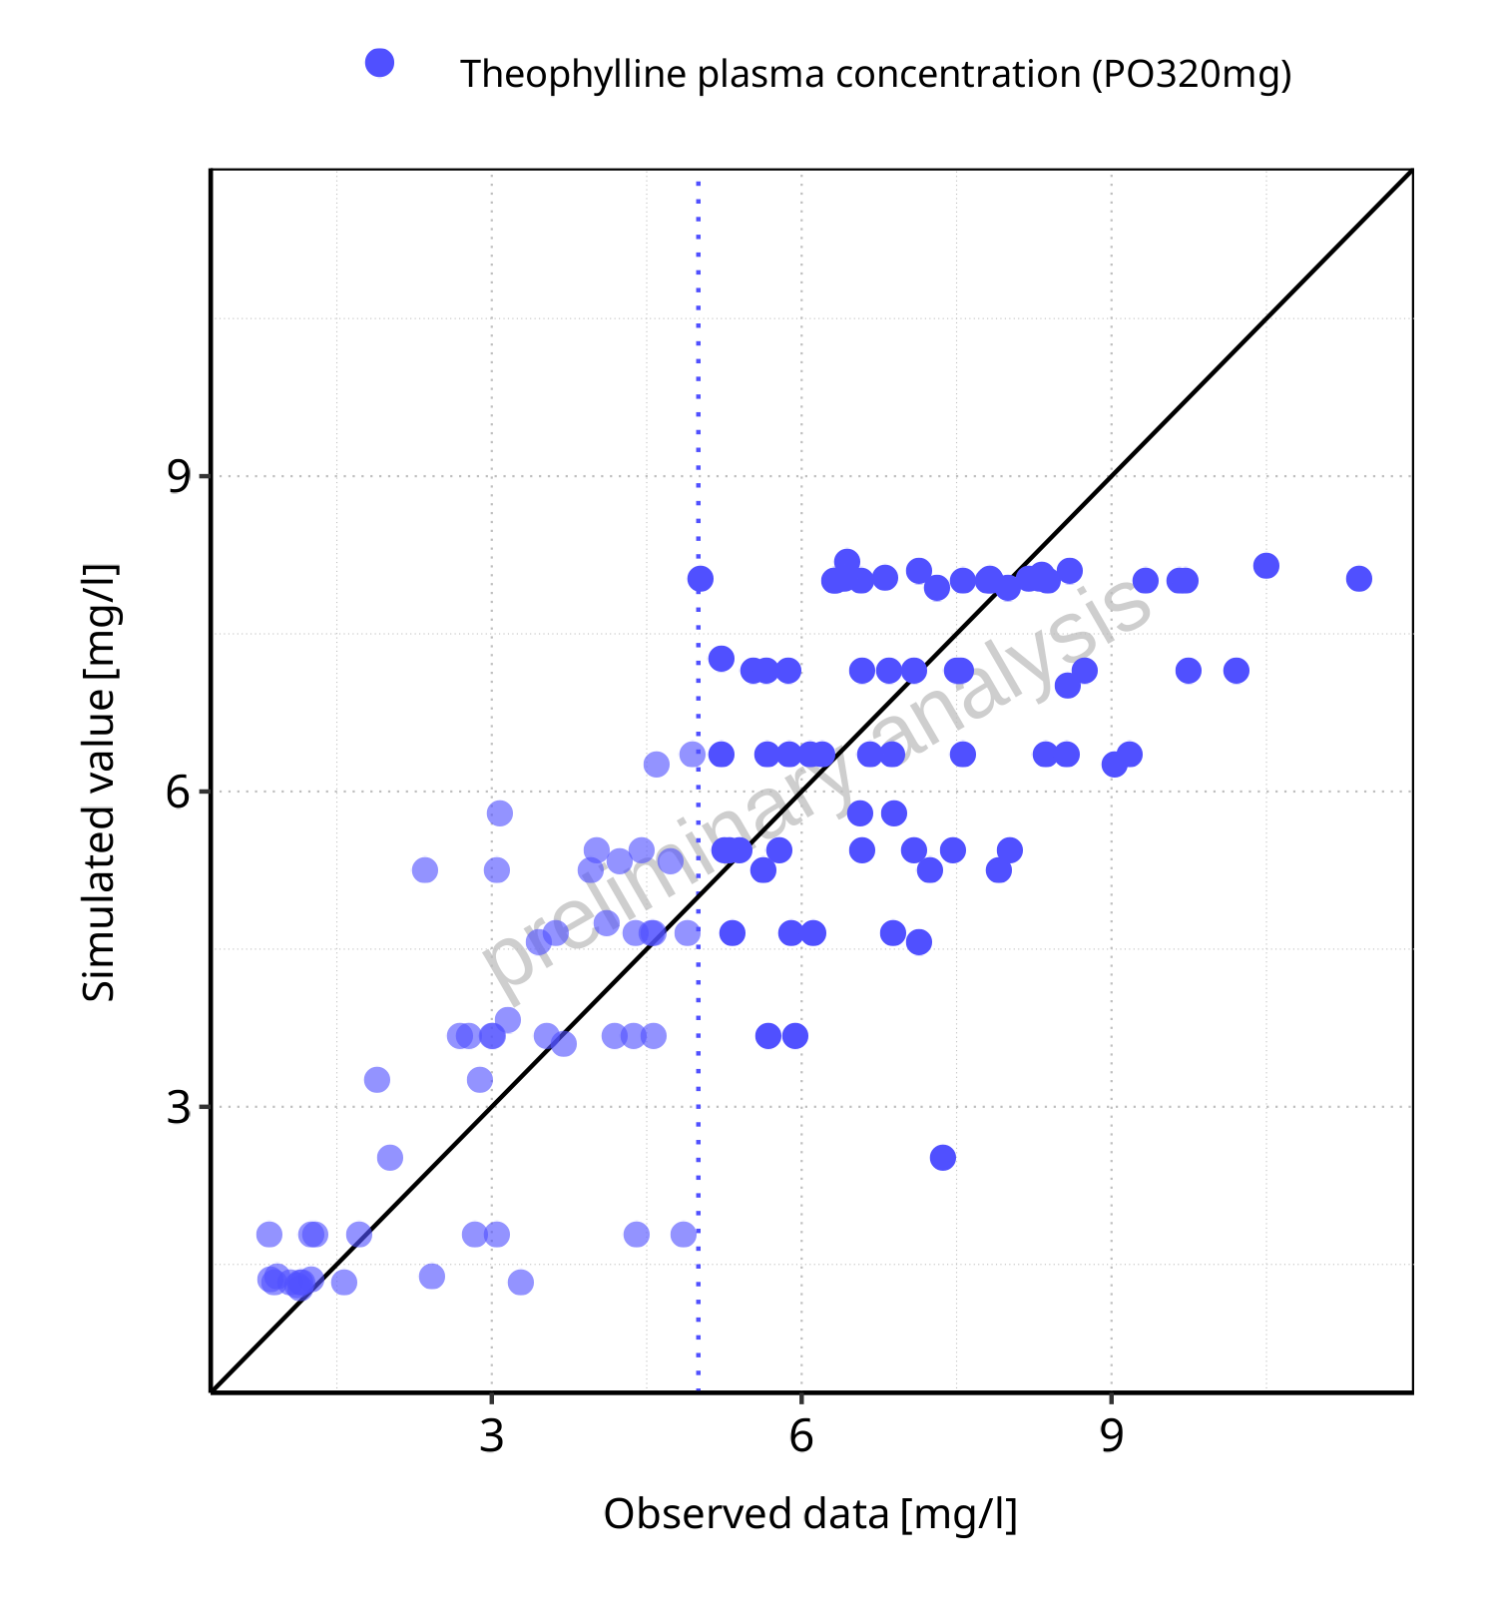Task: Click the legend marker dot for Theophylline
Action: click(379, 63)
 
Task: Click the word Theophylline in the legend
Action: click(573, 75)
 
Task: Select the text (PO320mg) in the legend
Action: click(1192, 75)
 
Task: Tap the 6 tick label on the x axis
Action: click(801, 1436)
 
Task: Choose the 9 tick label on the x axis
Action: click(1112, 1436)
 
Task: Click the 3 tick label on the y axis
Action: click(179, 1107)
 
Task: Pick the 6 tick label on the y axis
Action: click(179, 792)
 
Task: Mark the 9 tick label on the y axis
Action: click(179, 476)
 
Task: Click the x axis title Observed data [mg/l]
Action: click(810, 1514)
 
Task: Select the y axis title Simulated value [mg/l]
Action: click(100, 784)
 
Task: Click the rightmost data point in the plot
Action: click(1358, 579)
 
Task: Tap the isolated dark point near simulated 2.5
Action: click(943, 1158)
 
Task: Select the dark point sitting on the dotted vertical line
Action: click(701, 579)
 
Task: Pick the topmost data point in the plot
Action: click(847, 562)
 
